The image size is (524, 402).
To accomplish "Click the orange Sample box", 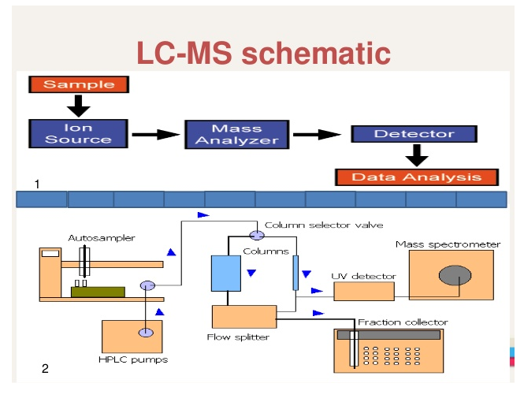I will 78,84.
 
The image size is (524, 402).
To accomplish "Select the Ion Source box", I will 78,133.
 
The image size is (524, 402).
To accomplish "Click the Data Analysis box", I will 418,177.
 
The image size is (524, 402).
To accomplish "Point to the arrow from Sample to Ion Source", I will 79,105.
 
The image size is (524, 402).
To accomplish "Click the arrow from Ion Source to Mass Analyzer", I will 155,134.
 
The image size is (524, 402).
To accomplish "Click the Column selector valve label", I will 324,225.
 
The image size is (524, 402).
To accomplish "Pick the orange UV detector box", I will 364,291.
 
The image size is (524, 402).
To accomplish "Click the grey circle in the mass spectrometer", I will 455,276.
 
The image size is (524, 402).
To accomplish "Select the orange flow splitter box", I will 243,316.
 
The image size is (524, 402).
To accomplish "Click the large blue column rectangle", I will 226,274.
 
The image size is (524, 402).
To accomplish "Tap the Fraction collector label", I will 403,322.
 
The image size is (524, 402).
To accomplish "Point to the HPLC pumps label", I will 133,360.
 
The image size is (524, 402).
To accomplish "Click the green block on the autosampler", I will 98,291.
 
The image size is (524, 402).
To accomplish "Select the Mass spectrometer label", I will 448,244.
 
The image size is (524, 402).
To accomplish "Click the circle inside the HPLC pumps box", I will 146,333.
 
